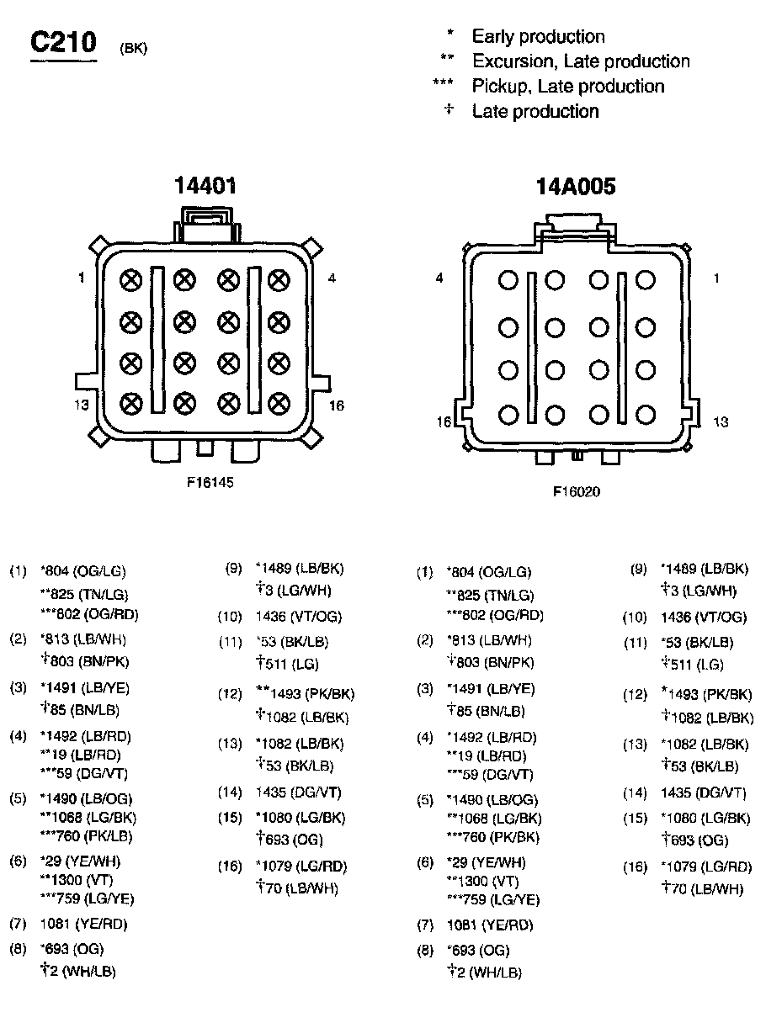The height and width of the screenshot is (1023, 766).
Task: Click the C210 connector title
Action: click(x=63, y=43)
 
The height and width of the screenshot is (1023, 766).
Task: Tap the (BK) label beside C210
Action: click(x=134, y=48)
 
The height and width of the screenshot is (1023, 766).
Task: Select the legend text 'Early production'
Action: click(x=538, y=36)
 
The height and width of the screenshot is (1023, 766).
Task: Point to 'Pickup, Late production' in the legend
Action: click(x=567, y=86)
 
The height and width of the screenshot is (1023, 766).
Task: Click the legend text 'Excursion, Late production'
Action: click(x=581, y=61)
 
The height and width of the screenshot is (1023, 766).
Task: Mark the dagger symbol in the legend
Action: click(x=449, y=109)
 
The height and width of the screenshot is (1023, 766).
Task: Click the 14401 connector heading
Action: click(x=205, y=185)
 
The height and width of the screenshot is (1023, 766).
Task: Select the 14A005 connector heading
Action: click(x=576, y=186)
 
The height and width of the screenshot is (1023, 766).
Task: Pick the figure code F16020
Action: click(x=577, y=491)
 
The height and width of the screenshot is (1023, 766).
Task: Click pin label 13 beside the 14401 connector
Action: click(x=82, y=404)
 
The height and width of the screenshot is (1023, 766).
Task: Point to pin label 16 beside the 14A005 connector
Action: click(x=444, y=421)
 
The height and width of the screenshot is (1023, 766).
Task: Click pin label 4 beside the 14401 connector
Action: click(x=332, y=278)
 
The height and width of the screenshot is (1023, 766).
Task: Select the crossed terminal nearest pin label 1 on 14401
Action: click(x=130, y=280)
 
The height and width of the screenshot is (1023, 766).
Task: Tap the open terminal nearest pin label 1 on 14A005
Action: click(x=646, y=280)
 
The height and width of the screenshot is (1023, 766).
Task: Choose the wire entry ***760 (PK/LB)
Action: click(x=86, y=836)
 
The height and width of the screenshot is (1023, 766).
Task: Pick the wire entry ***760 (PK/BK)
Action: click(x=492, y=837)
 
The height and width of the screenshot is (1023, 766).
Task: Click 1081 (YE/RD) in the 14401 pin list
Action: click(x=83, y=924)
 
